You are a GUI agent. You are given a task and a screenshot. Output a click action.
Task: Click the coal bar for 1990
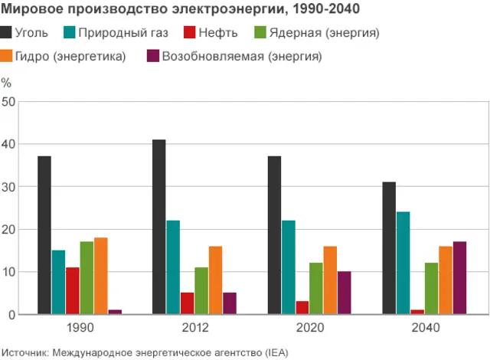[44, 235]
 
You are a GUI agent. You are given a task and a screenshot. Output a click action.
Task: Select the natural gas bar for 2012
[173, 267]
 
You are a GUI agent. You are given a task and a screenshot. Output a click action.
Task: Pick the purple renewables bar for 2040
[459, 278]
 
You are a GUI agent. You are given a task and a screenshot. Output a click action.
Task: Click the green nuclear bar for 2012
[201, 291]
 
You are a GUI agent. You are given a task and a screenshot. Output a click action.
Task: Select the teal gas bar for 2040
[403, 263]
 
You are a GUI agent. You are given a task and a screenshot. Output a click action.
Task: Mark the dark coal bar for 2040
[389, 248]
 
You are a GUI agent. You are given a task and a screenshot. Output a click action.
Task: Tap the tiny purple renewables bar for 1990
[115, 312]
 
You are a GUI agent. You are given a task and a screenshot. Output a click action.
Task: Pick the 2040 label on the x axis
[424, 328]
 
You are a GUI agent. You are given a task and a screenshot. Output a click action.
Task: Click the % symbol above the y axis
[6, 83]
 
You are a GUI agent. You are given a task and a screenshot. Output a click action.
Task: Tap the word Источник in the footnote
[25, 352]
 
